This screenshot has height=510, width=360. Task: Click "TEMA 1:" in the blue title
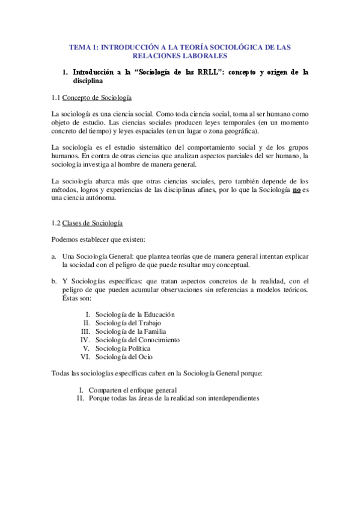click(x=83, y=46)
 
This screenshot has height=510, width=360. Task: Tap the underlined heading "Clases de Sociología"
click(x=93, y=223)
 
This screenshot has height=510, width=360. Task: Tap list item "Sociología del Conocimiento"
click(x=137, y=339)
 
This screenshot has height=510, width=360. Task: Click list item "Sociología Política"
click(x=123, y=348)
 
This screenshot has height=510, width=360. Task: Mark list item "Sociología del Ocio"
click(x=120, y=357)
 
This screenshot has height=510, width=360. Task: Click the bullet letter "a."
click(x=55, y=256)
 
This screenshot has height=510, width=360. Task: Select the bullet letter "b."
click(x=55, y=281)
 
